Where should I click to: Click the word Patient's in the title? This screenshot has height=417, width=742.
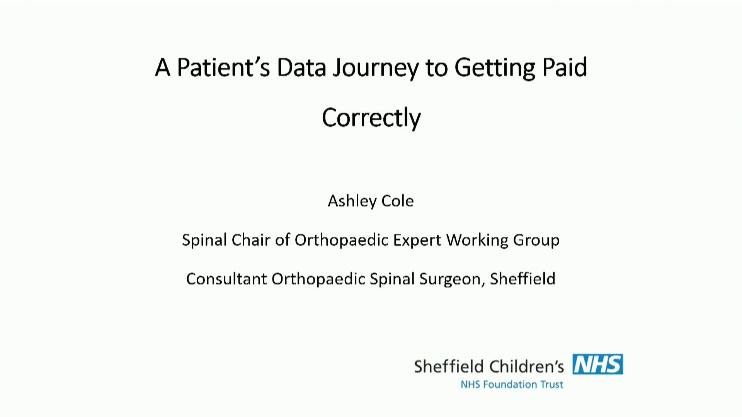coord(223,67)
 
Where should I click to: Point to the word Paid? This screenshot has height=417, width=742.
coord(565,67)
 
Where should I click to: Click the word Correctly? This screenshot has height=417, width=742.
coord(371,118)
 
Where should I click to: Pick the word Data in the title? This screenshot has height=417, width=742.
coord(301,67)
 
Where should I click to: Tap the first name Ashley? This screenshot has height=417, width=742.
coord(352,201)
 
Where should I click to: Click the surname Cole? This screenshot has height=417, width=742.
coord(398,201)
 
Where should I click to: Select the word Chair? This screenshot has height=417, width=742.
coord(251,240)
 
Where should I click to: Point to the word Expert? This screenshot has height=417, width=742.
coord(417,241)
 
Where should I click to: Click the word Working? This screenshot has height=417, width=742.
coord(477,241)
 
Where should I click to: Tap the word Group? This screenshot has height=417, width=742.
coord(536,241)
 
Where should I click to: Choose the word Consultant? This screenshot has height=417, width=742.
coord(226,279)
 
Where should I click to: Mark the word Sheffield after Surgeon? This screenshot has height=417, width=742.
coord(522,278)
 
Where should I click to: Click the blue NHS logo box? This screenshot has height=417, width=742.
coord(597,364)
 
